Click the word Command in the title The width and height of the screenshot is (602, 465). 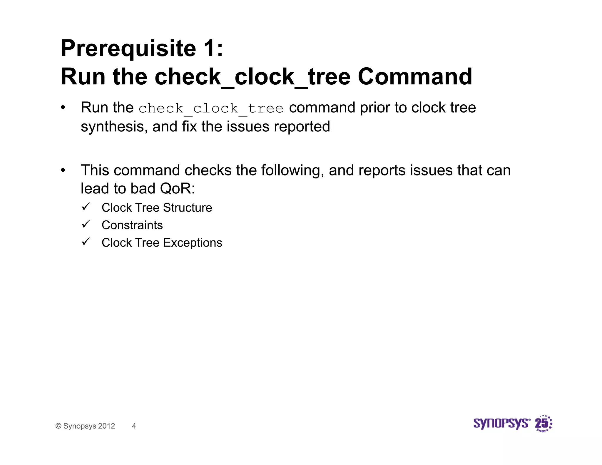[415, 77]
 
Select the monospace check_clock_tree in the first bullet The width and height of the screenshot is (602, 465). [211, 108]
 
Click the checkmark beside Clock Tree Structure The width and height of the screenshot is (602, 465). [86, 207]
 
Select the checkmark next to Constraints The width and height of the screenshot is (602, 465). [86, 225]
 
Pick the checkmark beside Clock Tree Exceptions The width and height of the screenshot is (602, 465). [86, 242]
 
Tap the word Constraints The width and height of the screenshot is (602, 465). [132, 225]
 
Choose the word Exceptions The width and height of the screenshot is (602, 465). [193, 243]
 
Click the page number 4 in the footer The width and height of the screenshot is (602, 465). [134, 426]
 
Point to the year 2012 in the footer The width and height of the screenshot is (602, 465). [106, 426]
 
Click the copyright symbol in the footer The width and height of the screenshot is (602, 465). [58, 426]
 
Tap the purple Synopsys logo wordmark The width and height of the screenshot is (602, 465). [501, 424]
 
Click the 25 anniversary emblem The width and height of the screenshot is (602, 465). [543, 424]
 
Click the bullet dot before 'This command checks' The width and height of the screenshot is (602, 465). [63, 170]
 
